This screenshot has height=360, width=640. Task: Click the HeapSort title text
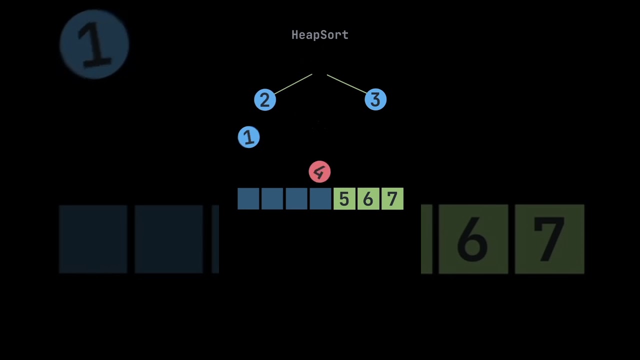319,35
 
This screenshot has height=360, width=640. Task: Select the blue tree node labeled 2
265,100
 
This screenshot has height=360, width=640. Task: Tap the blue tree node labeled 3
375,100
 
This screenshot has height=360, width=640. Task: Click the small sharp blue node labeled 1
248,137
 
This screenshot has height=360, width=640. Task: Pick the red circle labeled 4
319,172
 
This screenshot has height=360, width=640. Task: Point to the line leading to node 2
293,84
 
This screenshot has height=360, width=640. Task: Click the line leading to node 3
346,84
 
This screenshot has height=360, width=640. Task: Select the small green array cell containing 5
344,199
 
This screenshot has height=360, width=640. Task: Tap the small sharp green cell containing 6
368,199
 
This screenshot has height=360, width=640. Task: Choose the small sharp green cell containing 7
392,199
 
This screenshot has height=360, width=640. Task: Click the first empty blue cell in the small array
248,199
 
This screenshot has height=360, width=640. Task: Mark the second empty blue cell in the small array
272,199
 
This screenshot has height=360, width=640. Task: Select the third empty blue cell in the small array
296,199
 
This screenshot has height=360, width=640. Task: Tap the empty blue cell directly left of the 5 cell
320,199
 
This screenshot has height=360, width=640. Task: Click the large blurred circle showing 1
94,44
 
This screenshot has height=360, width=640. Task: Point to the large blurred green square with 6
473,239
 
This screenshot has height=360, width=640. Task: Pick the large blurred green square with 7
549,239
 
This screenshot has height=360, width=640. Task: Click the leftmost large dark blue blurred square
93,239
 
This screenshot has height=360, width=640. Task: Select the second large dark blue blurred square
168,239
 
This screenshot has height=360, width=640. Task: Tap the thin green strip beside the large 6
426,239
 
